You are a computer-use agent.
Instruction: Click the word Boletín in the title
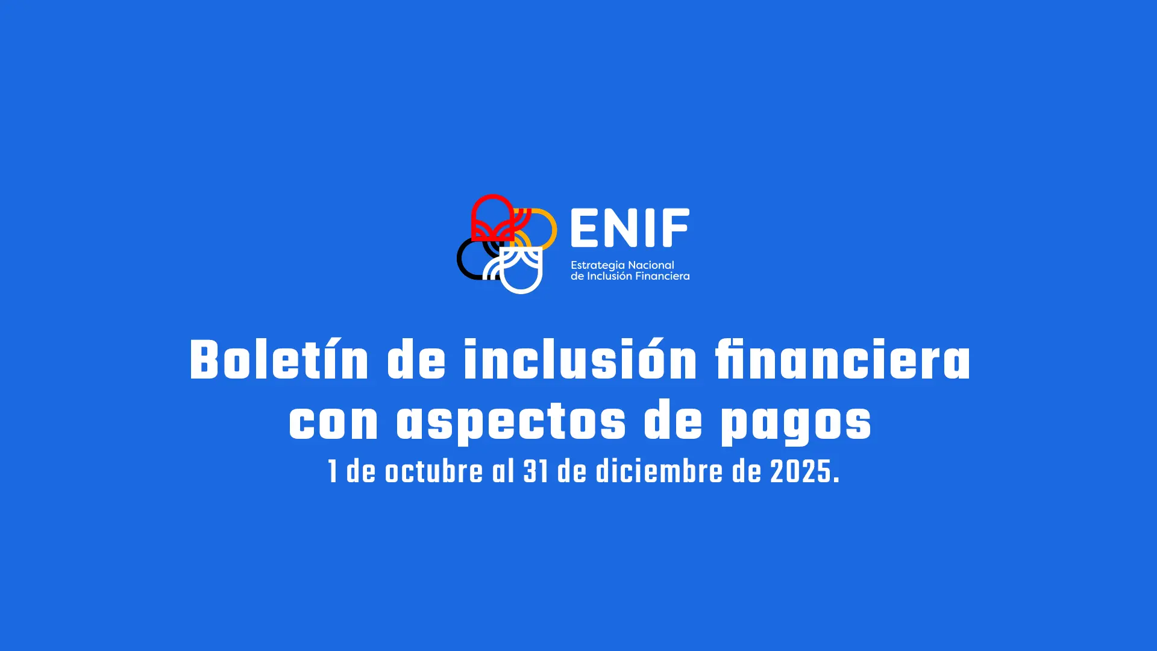coord(279,360)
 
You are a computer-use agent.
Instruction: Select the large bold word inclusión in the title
coord(580,360)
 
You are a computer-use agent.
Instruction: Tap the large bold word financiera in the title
coord(843,360)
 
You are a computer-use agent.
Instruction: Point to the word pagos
coord(796,424)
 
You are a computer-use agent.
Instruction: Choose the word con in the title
coord(333,423)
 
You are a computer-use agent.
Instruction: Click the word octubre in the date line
coord(434,471)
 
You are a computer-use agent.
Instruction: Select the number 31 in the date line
coord(536,471)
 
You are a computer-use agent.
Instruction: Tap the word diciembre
coord(659,471)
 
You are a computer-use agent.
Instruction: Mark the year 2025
coord(800,471)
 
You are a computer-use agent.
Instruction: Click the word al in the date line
coord(503,471)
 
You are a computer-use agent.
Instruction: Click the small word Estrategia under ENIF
coord(598,265)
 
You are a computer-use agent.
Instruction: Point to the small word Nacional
coord(651,265)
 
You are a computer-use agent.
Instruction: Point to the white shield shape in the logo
coord(522,289)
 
